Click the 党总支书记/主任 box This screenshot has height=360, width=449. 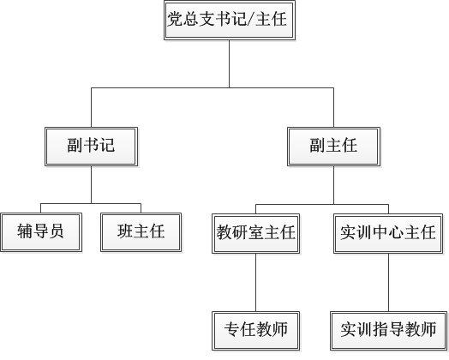tap(230, 20)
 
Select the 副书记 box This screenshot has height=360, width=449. tap(92, 147)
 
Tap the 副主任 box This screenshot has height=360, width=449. tap(333, 147)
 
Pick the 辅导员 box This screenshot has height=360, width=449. tap(41, 232)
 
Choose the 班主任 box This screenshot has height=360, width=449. tap(141, 232)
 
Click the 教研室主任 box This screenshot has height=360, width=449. tap(255, 233)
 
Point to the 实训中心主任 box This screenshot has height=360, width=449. tap(388, 233)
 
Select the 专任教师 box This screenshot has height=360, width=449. tap(255, 331)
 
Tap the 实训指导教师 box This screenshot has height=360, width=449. tap(388, 331)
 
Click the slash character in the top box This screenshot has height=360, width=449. tap(250, 20)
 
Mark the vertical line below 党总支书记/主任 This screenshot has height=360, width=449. tap(229, 64)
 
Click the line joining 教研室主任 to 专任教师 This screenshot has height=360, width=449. tap(255, 283)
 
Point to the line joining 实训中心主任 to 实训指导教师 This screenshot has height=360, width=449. tap(388, 283)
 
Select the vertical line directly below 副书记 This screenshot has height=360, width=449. tap(92, 185)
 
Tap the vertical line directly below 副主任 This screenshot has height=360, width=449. tap(333, 185)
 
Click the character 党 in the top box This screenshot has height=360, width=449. tap(175, 20)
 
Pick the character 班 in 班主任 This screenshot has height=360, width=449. tap(125, 231)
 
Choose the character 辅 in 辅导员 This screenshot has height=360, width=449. tap(25, 231)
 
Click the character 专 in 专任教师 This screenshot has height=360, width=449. tap(232, 329)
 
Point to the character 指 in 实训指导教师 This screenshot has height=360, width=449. tap(380, 329)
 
